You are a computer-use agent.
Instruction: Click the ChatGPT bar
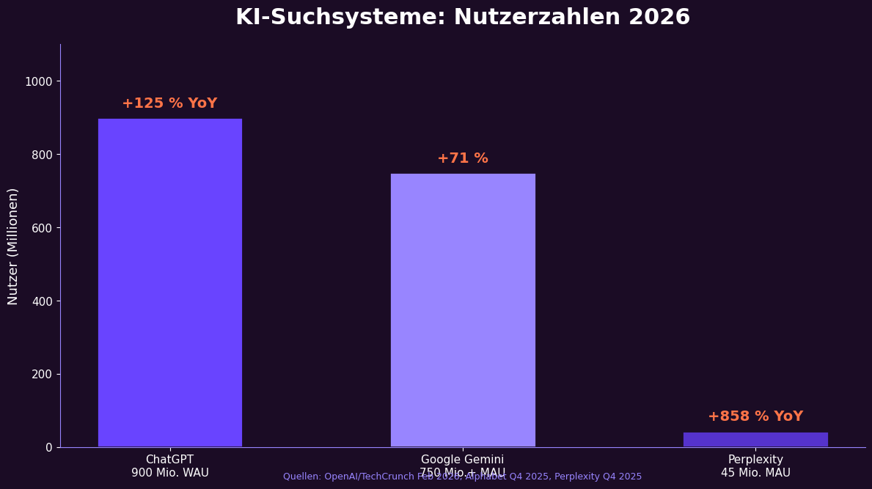169,282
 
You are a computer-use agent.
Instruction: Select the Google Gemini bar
463,310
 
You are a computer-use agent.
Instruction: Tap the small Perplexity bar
755,439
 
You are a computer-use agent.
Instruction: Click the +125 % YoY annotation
169,103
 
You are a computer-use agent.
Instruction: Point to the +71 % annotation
463,158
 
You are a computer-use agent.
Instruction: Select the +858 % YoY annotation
755,416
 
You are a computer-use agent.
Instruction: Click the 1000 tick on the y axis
38,81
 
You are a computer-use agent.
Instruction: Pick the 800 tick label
42,155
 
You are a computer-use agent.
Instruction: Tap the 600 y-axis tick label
42,228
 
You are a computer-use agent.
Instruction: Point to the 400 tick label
42,301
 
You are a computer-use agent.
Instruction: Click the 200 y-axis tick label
42,374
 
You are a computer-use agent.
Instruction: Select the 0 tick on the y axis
48,447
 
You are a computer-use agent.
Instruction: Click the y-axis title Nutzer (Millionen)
13,246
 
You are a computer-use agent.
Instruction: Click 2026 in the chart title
659,18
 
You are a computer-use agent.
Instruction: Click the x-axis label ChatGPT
169,460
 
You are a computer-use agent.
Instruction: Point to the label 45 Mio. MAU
755,474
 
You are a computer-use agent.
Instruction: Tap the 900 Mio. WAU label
169,474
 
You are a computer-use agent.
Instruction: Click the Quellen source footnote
462,477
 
